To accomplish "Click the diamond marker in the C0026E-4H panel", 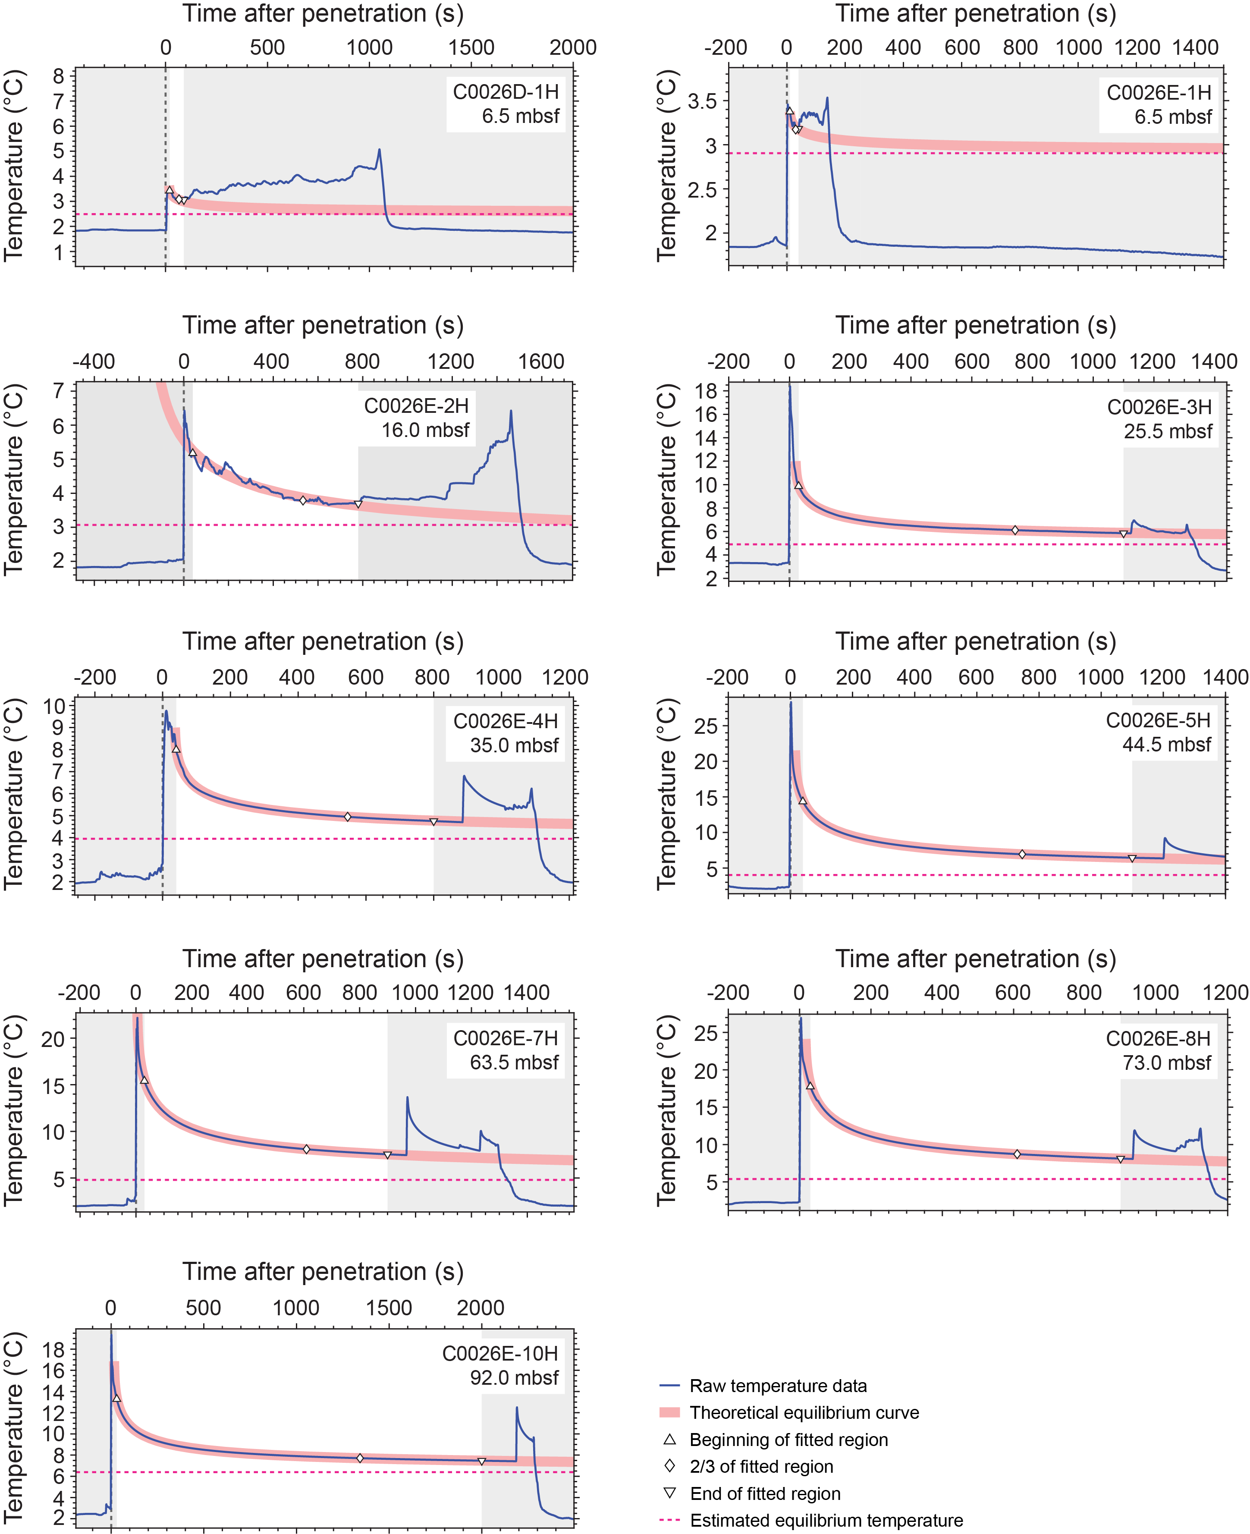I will click(x=348, y=817).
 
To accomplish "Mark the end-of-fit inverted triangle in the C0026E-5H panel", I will click(x=1132, y=858).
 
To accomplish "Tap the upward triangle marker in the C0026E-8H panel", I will click(x=810, y=1085).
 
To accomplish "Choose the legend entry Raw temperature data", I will click(x=778, y=1386).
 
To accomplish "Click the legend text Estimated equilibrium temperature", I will click(x=826, y=1520).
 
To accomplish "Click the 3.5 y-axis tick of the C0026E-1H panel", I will click(x=702, y=101).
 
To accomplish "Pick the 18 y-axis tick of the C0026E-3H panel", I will click(x=707, y=391).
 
